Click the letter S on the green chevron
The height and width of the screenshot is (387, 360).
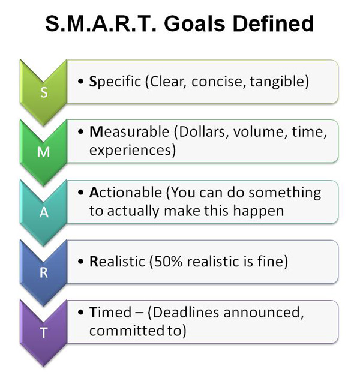click(44, 92)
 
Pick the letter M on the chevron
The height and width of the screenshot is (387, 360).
click(44, 152)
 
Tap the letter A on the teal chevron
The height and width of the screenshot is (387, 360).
click(44, 213)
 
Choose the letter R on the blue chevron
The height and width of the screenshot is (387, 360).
click(44, 273)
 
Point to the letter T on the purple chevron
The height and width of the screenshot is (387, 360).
click(44, 333)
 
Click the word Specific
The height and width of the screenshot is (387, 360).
click(115, 81)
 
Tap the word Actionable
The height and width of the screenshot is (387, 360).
click(125, 193)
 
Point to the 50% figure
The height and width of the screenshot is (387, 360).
click(168, 261)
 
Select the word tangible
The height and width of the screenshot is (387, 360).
click(281, 81)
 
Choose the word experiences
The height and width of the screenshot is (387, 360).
click(130, 150)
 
